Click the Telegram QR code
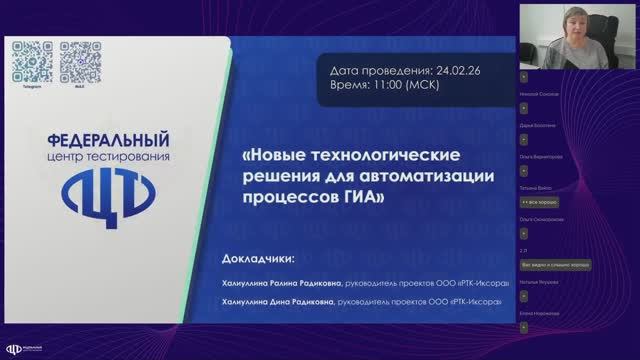[x=32, y=59]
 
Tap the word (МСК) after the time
[x=442, y=87]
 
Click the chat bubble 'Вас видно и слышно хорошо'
[x=556, y=264]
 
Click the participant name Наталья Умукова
[x=539, y=283]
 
